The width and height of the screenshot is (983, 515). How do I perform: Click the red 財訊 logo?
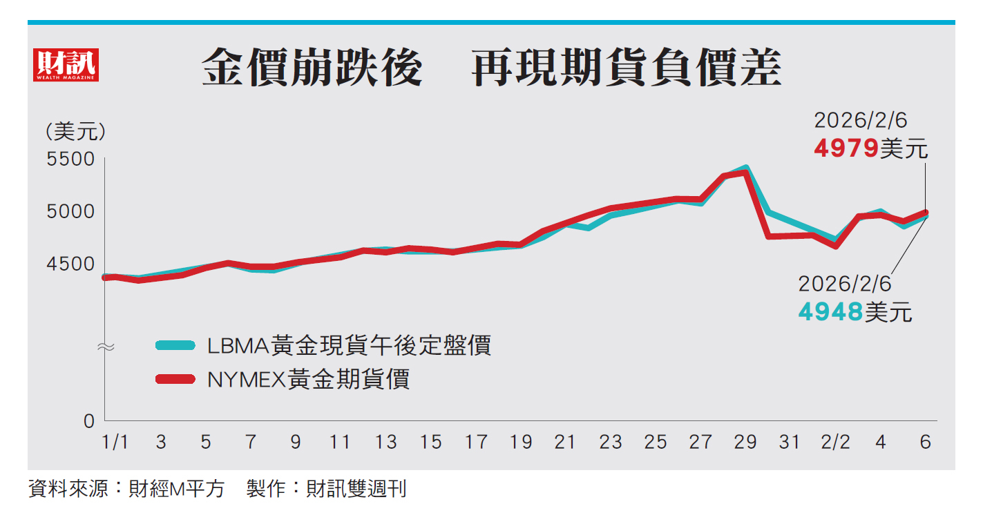tap(66, 66)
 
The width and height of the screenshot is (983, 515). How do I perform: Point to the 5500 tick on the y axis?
tap(69, 159)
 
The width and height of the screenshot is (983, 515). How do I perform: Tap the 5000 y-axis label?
tap(69, 211)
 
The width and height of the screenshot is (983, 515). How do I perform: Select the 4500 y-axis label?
tap(69, 264)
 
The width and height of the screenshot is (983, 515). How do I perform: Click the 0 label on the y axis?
tap(89, 420)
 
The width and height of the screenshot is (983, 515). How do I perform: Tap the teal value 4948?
tap(830, 312)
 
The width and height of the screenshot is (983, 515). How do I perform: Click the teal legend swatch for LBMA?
tap(175, 345)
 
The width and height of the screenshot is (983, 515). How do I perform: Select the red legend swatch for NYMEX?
tap(175, 379)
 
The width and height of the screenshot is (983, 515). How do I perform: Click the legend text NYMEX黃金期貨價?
tap(308, 379)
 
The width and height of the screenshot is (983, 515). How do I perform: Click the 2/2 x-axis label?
tap(835, 442)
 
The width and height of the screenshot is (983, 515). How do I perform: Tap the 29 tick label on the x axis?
tap(745, 442)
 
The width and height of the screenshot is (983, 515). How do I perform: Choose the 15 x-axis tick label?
tap(430, 442)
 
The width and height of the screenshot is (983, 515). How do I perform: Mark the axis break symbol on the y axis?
tap(105, 347)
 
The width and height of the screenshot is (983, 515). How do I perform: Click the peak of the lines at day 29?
tap(745, 170)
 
